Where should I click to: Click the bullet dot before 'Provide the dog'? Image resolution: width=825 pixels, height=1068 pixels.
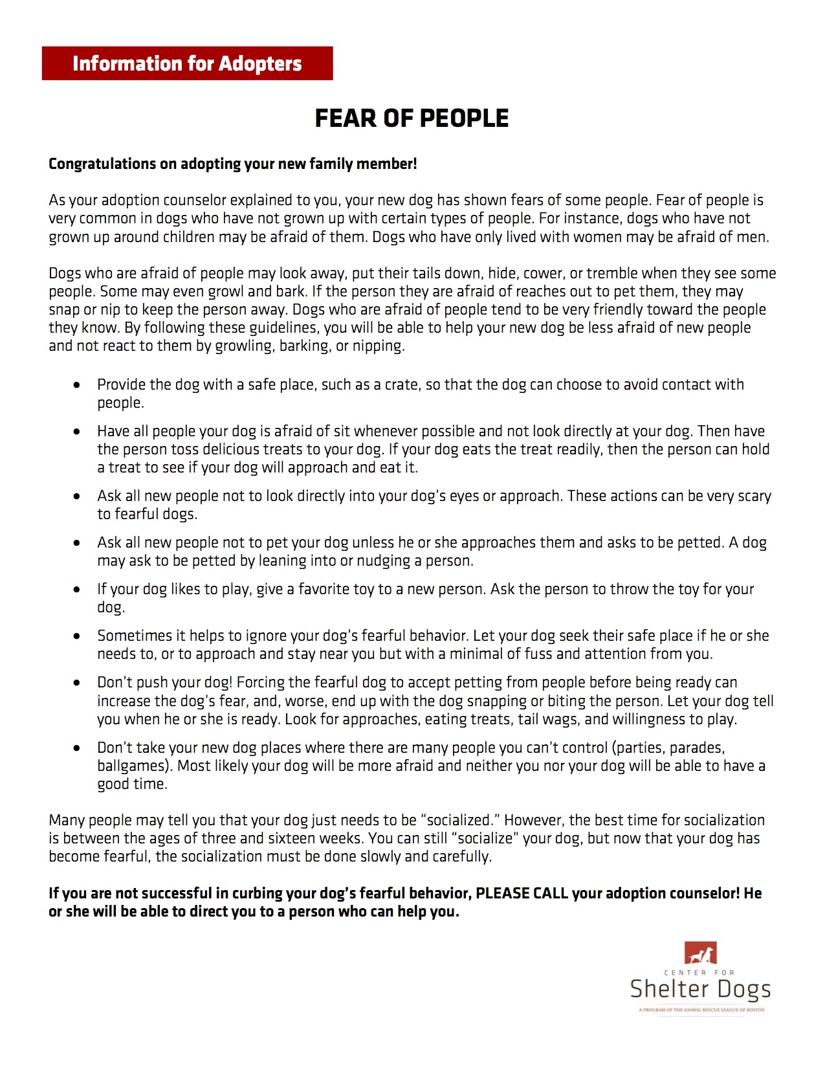pyautogui.click(x=77, y=385)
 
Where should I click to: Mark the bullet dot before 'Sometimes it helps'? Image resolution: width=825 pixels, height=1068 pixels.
pyautogui.click(x=77, y=636)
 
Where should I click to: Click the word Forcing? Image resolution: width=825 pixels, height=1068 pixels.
pyautogui.click(x=262, y=682)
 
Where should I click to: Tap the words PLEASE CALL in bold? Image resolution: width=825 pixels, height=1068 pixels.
pyautogui.click(x=522, y=893)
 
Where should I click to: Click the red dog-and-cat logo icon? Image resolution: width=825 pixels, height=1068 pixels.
pyautogui.click(x=700, y=953)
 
